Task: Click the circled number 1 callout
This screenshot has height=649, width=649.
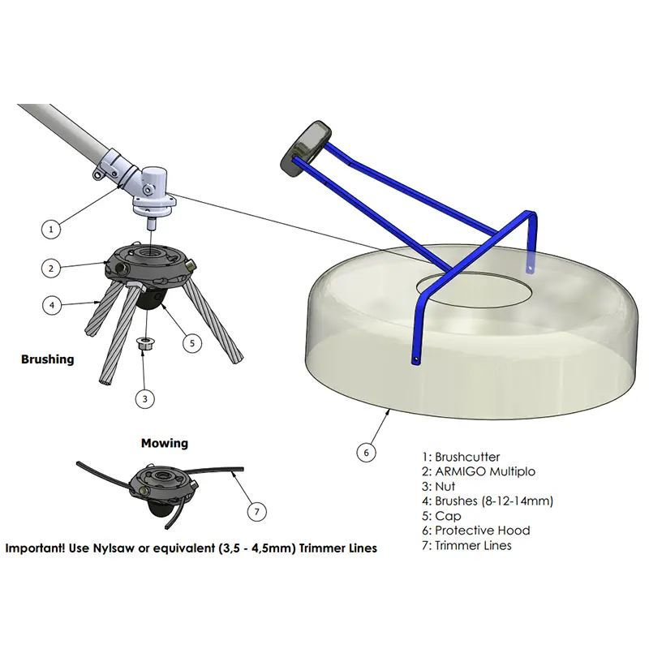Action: [x=51, y=229]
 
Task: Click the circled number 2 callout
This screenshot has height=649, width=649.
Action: [x=51, y=269]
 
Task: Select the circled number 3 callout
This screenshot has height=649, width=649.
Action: [x=145, y=399]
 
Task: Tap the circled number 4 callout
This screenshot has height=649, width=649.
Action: [x=52, y=306]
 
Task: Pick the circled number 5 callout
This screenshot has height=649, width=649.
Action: [x=192, y=343]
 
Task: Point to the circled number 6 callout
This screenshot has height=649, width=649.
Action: [x=367, y=453]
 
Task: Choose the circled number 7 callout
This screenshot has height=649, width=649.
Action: [x=257, y=512]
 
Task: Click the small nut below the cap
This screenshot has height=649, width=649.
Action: [x=144, y=343]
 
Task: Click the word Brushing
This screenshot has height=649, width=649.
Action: [x=48, y=359]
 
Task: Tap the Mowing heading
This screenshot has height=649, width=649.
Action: [x=165, y=443]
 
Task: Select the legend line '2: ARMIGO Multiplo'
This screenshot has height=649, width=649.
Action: [x=479, y=471]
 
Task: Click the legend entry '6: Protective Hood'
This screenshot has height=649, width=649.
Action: [x=476, y=531]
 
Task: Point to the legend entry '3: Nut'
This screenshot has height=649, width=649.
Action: [x=438, y=486]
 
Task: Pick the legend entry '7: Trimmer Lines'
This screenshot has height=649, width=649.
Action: [x=466, y=545]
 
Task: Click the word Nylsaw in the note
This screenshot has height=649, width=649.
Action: [x=114, y=548]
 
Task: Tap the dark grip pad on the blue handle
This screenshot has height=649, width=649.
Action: [x=306, y=149]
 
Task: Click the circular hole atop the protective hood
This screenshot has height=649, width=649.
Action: [x=475, y=289]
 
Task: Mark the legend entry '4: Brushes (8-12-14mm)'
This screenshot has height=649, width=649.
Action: [x=488, y=501]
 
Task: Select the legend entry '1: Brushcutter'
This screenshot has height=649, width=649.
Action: [x=461, y=457]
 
